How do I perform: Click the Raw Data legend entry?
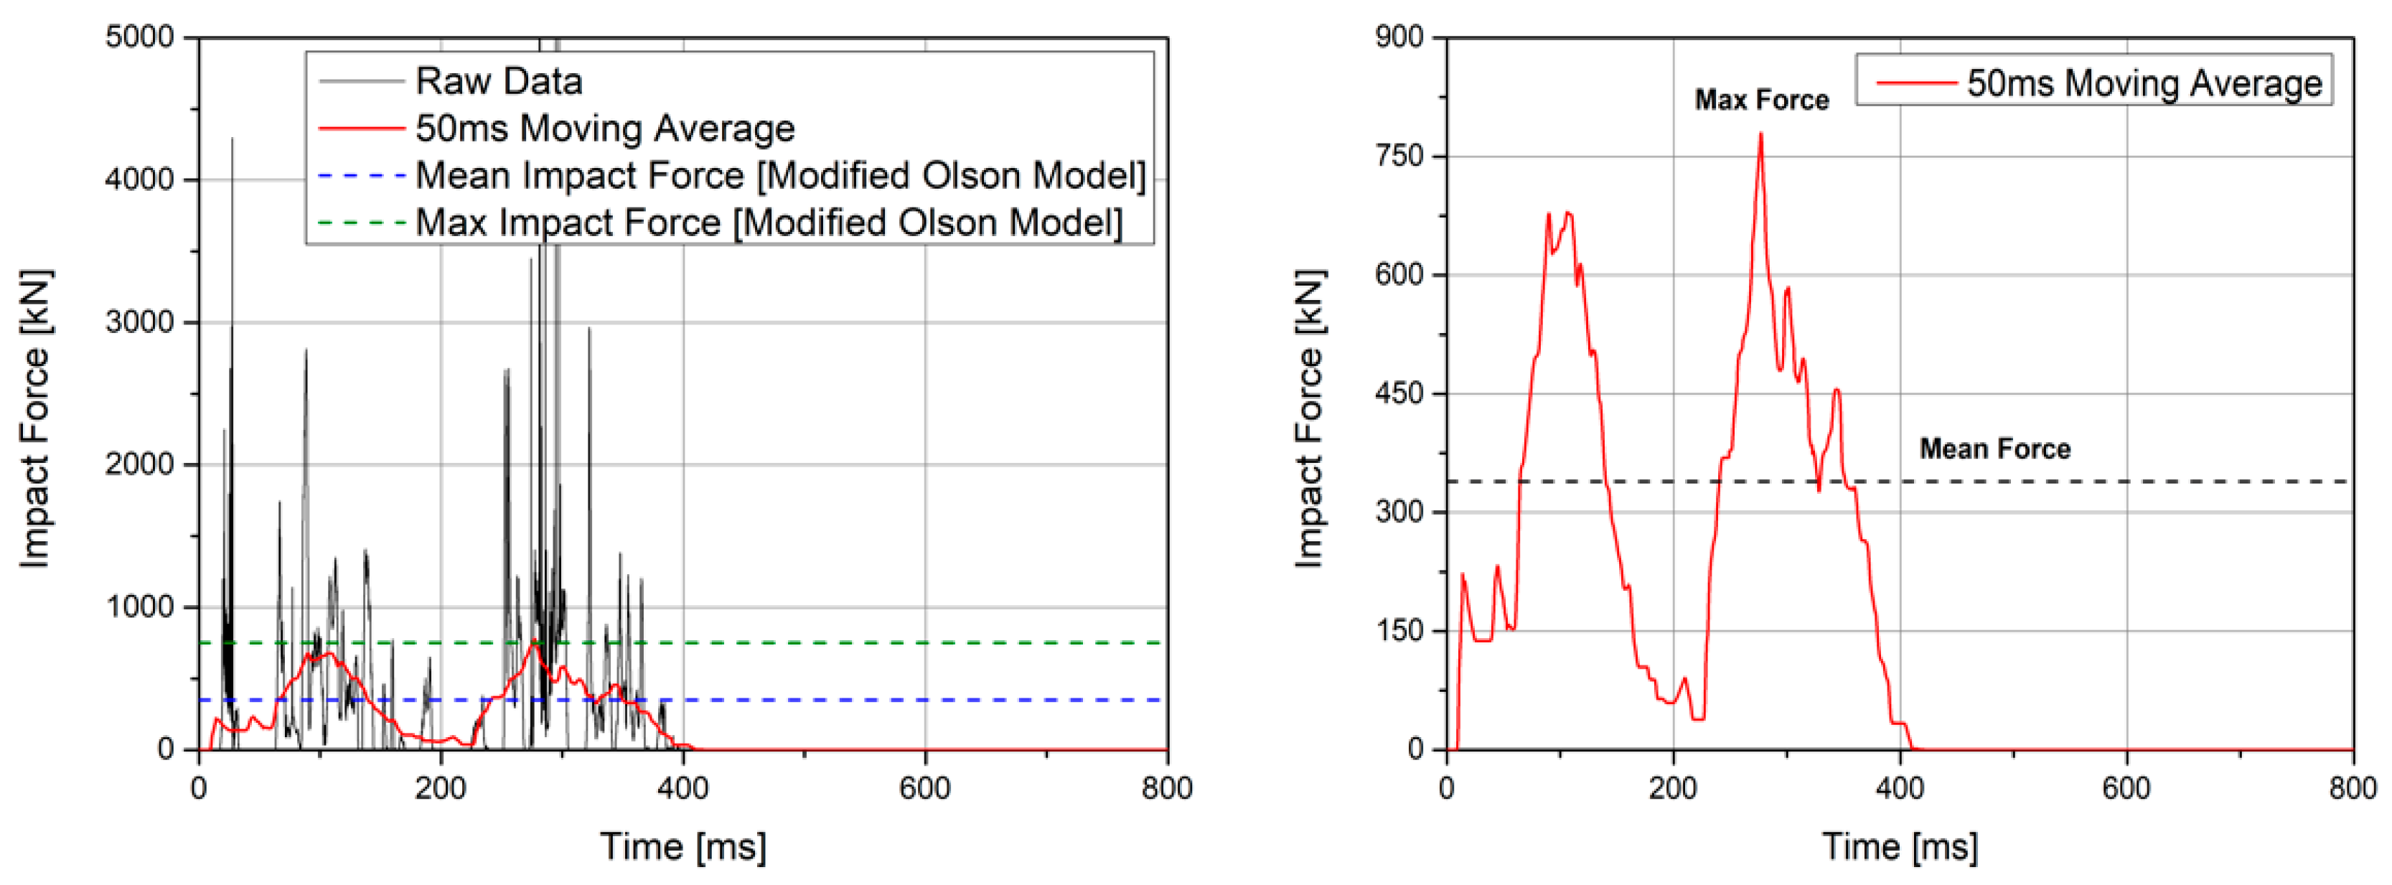point(499,82)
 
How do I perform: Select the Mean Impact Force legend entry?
point(780,176)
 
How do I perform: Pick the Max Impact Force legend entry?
point(768,223)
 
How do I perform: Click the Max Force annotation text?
point(1760,100)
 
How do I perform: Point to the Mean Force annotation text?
point(1994,449)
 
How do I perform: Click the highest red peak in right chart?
point(1760,135)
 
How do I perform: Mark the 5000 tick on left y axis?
point(139,37)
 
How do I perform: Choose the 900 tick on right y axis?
point(1399,37)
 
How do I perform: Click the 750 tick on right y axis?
point(1399,156)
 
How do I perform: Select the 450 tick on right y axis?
point(1399,394)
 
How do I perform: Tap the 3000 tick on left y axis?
point(139,322)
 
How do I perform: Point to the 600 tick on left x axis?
point(925,788)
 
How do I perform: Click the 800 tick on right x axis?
point(2352,788)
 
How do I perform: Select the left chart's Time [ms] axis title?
point(683,846)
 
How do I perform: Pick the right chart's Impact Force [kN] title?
point(1309,418)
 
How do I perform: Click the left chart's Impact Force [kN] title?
point(35,418)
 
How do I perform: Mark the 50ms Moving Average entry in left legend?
point(604,128)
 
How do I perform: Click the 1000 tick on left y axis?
point(139,607)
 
